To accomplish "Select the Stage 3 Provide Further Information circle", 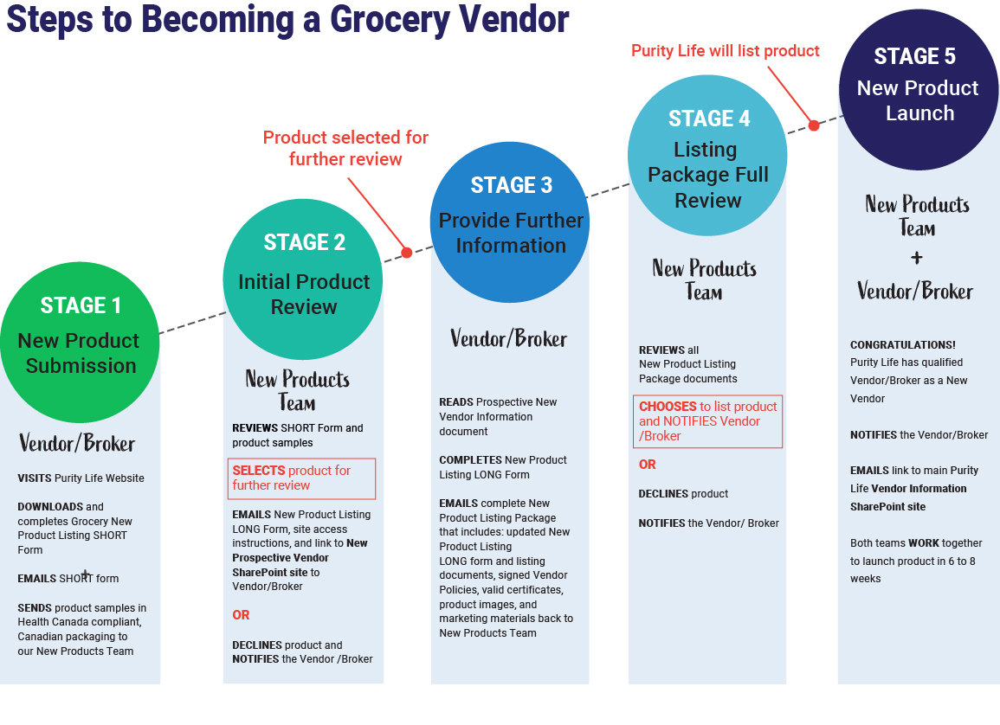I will (x=510, y=222).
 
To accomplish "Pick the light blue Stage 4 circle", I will (x=706, y=156).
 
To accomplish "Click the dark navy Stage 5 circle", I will (x=918, y=90).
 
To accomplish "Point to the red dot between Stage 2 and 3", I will (x=406, y=253).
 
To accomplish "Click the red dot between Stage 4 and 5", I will (x=814, y=125).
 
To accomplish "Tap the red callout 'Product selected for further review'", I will (x=345, y=148).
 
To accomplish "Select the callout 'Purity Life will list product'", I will (x=725, y=51).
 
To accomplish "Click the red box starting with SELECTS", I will (x=302, y=478).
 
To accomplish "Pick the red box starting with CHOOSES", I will (x=707, y=421).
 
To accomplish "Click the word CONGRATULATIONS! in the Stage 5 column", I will (x=903, y=345).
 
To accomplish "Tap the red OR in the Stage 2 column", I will (x=241, y=615).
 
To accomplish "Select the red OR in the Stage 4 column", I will (x=648, y=465).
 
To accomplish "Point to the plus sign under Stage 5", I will (x=916, y=258).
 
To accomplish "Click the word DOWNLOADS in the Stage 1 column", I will (x=50, y=507).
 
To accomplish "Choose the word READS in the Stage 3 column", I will (x=456, y=402).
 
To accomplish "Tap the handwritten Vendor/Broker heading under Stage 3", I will (x=509, y=338).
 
